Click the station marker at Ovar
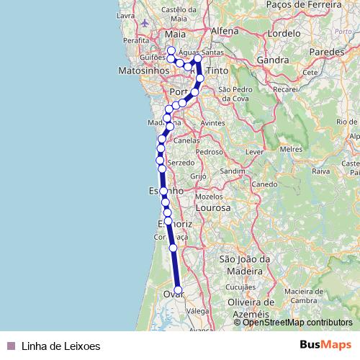point(178,291)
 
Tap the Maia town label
point(174,33)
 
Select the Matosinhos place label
point(144,71)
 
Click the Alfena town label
point(225,31)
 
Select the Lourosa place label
point(212,207)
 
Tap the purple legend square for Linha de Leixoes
point(10,346)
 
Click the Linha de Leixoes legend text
point(61,346)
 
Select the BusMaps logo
point(326,345)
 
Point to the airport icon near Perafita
point(146,22)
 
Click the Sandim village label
point(233,171)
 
